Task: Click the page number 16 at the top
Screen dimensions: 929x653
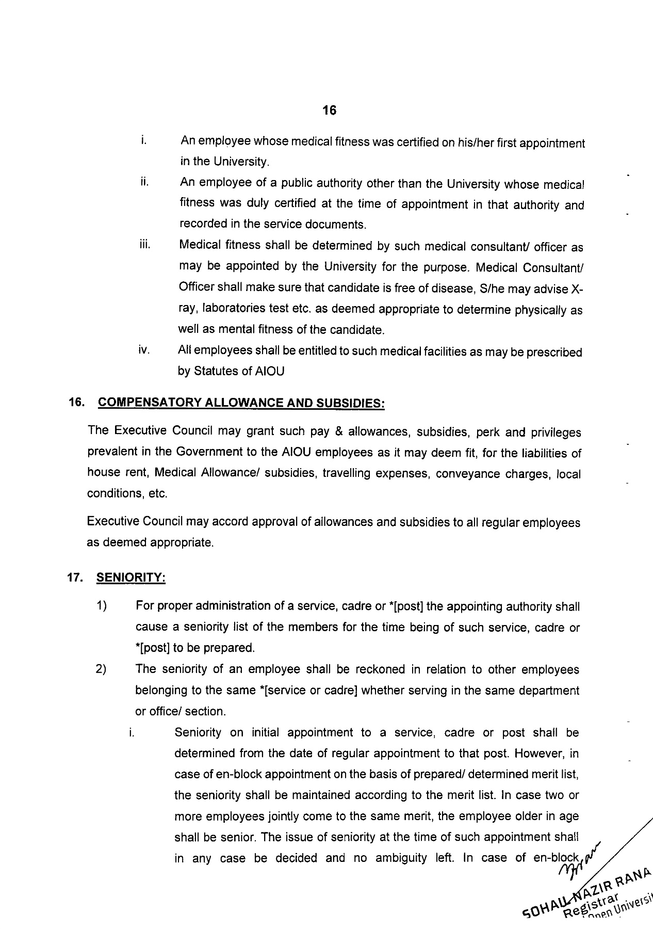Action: click(329, 110)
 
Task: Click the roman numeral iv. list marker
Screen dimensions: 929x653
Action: click(144, 350)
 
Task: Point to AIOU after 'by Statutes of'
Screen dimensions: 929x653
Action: click(270, 372)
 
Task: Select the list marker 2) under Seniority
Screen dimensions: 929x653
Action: click(101, 669)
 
